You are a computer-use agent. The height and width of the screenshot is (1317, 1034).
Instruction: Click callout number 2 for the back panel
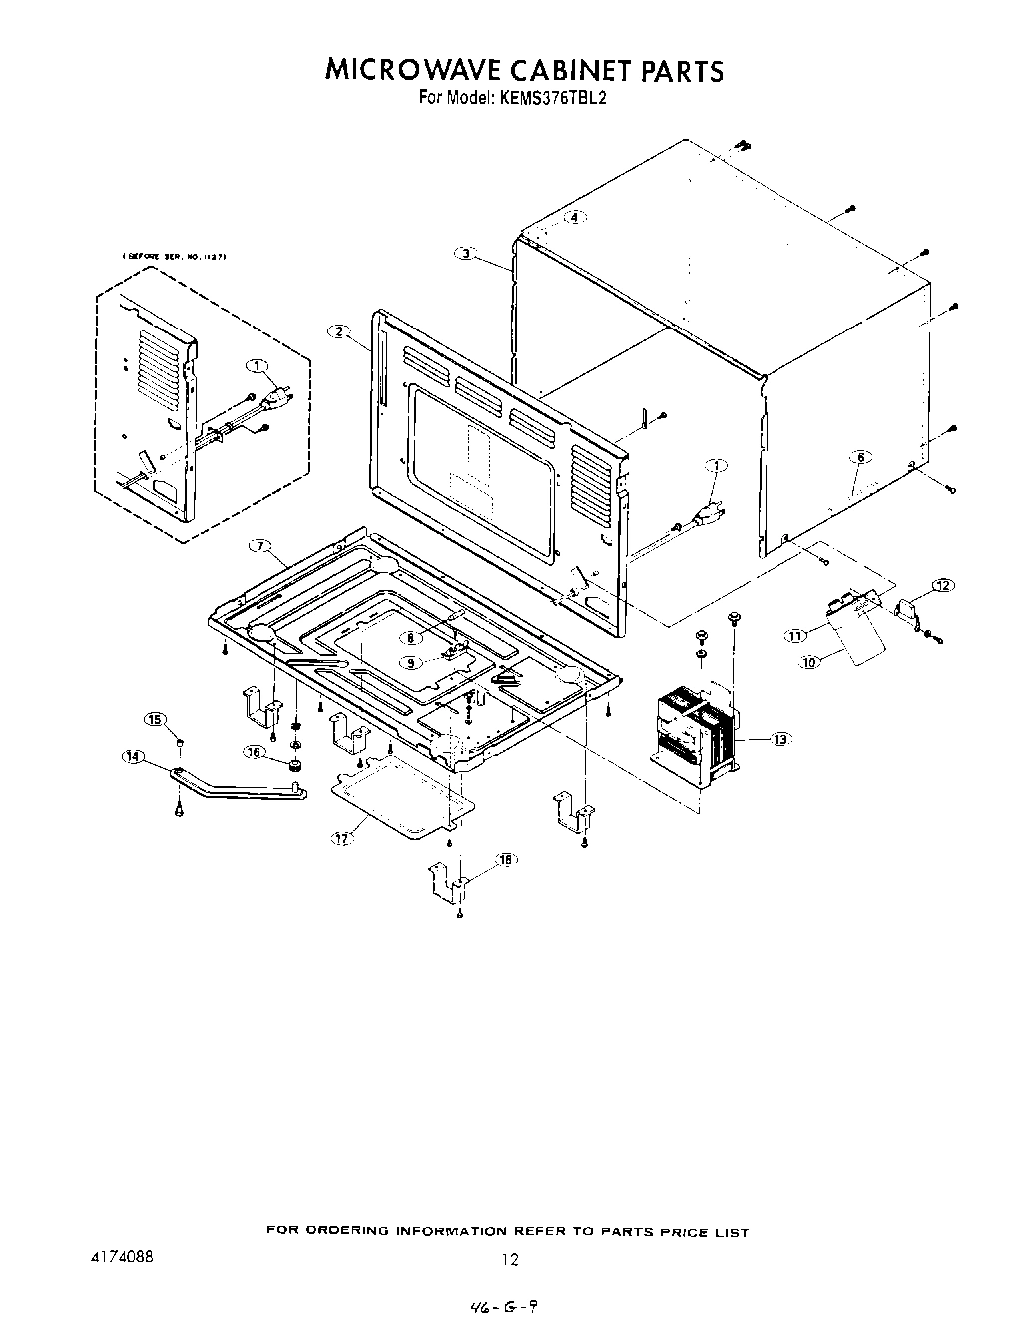(x=340, y=331)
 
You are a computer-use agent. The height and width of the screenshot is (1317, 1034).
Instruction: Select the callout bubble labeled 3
(x=466, y=254)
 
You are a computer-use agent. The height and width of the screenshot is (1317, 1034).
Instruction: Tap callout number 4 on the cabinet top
(x=574, y=217)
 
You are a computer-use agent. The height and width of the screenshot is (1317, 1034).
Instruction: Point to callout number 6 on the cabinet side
(x=859, y=457)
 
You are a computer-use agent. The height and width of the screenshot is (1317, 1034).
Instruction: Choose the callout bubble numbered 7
(x=259, y=545)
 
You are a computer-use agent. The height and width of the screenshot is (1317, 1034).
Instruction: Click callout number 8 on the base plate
(x=409, y=637)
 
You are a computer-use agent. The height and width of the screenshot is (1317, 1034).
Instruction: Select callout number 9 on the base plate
(x=411, y=662)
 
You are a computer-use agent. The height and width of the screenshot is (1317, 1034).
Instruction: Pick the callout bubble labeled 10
(x=809, y=661)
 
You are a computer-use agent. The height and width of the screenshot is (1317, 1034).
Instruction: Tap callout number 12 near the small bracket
(x=942, y=584)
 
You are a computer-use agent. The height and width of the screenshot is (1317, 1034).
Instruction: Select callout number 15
(x=155, y=719)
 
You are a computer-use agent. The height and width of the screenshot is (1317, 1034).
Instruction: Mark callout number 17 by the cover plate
(x=342, y=839)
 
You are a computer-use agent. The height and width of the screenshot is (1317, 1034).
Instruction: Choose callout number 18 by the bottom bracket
(x=506, y=860)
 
